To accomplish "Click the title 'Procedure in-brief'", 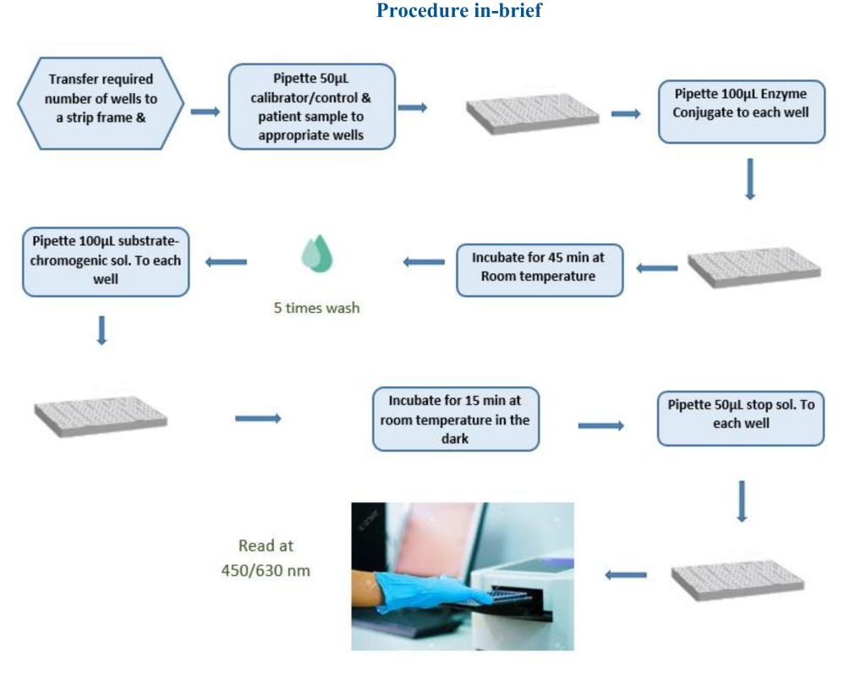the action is [459, 10].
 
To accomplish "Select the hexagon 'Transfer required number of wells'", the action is [101, 103].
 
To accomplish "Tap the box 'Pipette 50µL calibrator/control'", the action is [311, 107].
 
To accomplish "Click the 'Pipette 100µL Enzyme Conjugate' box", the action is [741, 112].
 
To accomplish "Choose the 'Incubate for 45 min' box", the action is [539, 270].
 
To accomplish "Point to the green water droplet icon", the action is [317, 254].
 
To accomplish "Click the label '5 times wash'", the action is [316, 308].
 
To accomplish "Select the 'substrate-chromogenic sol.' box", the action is [106, 261].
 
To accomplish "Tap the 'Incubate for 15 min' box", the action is [456, 419].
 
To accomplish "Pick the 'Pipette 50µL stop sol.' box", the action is [741, 419].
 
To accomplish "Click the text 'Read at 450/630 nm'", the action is [266, 557].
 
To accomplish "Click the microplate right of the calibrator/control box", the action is [533, 113].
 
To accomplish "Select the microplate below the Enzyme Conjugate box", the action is [754, 268].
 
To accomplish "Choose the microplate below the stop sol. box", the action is [737, 579].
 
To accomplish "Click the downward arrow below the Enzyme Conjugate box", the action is [749, 179].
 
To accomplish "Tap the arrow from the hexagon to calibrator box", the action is [205, 112].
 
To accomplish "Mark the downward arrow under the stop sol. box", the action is [742, 501].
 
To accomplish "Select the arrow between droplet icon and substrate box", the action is [226, 261].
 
